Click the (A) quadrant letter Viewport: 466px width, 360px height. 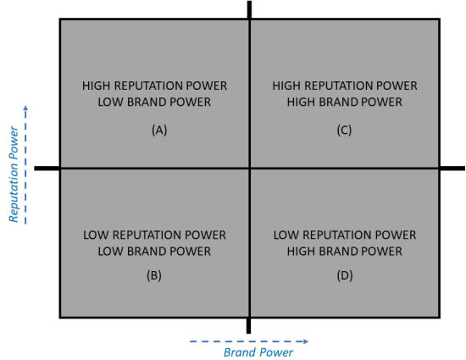coord(159,130)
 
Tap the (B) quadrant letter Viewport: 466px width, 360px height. coord(154,275)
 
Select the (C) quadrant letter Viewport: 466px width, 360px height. coord(344,130)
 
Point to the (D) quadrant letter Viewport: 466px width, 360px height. coord(345,275)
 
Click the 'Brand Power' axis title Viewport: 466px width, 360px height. coord(258,352)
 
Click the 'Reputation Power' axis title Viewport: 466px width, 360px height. coord(14,174)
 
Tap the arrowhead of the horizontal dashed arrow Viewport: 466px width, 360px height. coord(306,341)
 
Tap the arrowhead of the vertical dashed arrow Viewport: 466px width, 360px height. coord(25,108)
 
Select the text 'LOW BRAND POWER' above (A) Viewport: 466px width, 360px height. coord(154,102)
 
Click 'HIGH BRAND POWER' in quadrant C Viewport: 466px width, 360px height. coord(345,102)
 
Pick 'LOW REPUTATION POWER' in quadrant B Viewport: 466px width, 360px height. coord(154,235)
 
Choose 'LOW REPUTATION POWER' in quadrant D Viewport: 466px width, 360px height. coord(345,235)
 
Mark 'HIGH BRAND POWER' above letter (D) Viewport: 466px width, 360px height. coord(345,252)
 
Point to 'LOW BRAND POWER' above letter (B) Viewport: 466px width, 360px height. coord(154,252)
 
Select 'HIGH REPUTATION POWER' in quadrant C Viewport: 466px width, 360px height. coord(345,86)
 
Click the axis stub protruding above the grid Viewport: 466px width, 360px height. coord(250,10)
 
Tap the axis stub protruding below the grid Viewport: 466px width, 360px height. coord(249,326)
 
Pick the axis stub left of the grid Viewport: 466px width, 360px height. coord(47,169)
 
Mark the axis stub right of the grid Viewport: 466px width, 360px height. coord(452,169)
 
